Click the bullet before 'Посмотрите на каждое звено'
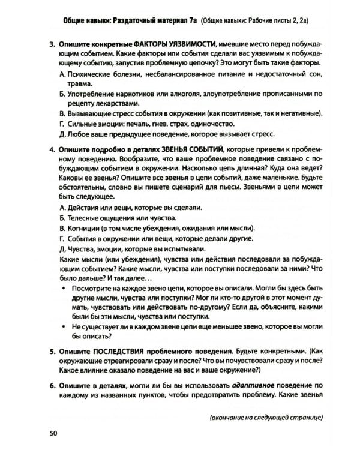64,287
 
